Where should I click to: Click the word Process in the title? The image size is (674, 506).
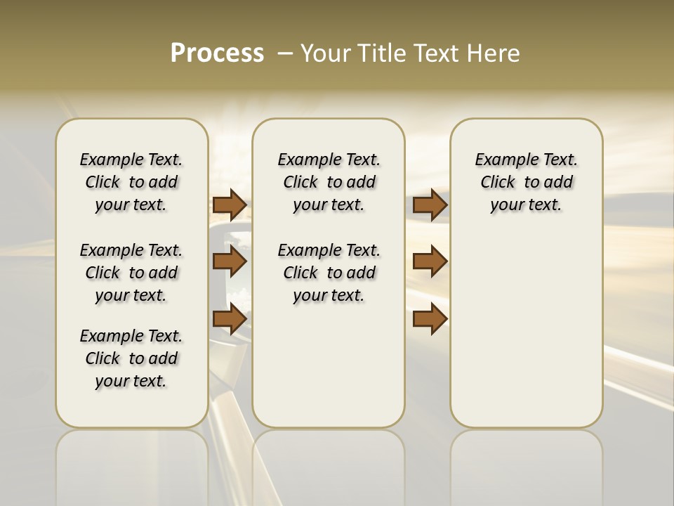pyautogui.click(x=217, y=53)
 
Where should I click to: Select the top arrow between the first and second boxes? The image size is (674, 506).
pyautogui.click(x=230, y=205)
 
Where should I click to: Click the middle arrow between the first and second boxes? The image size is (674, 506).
pyautogui.click(x=230, y=262)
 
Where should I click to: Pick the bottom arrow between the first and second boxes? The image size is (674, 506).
pyautogui.click(x=230, y=319)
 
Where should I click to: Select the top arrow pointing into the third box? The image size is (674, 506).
pyautogui.click(x=430, y=205)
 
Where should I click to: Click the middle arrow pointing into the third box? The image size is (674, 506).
pyautogui.click(x=430, y=262)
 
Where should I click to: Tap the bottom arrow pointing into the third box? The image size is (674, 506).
pyautogui.click(x=430, y=319)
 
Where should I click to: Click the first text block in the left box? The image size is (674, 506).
pyautogui.click(x=131, y=182)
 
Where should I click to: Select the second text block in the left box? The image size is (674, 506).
pyautogui.click(x=131, y=273)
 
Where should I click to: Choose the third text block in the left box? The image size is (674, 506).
pyautogui.click(x=131, y=358)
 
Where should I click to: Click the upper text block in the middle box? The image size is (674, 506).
pyautogui.click(x=329, y=182)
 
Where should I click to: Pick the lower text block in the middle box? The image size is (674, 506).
pyautogui.click(x=329, y=273)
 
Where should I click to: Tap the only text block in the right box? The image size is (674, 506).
pyautogui.click(x=526, y=182)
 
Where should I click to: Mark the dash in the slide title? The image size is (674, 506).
pyautogui.click(x=285, y=53)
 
